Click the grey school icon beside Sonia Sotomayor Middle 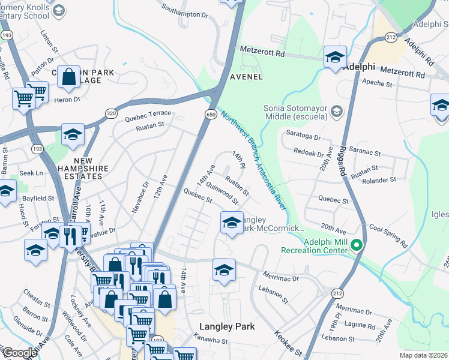click(x=337, y=111)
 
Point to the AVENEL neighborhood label click(x=246, y=77)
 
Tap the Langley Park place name click(x=227, y=326)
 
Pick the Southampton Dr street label click(x=184, y=10)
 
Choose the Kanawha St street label click(x=214, y=341)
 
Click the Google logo click(x=20, y=353)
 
